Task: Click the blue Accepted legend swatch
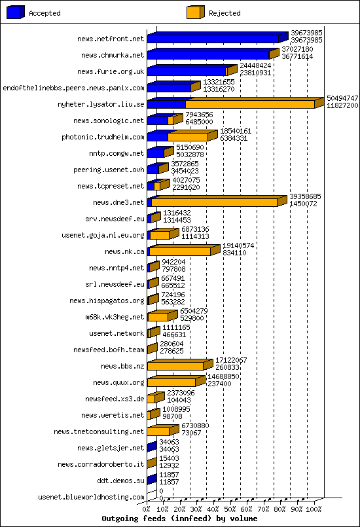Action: [15, 12]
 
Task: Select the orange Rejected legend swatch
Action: [195, 12]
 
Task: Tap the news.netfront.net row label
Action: [110, 39]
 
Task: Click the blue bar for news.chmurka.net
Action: [207, 55]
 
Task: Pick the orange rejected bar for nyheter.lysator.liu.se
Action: [249, 104]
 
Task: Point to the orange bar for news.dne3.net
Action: [214, 202]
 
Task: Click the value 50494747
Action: [342, 98]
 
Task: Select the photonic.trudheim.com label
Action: [103, 137]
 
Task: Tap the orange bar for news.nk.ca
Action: [180, 251]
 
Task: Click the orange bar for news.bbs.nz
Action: [175, 366]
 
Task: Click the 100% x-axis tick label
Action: [314, 509]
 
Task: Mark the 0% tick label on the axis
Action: [147, 509]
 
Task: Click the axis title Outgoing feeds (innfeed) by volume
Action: [179, 518]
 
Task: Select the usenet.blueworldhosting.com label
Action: [91, 498]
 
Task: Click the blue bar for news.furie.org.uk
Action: [187, 71]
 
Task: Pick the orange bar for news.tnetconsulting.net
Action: [158, 431]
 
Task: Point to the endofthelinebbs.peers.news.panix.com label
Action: [73, 88]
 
